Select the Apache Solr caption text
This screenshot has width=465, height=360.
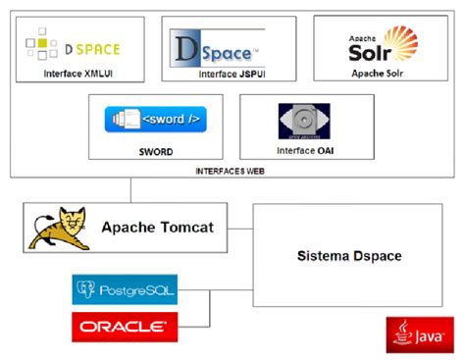coord(380,74)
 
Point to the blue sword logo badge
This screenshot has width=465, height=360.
coord(155,120)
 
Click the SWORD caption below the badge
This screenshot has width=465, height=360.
coord(156,152)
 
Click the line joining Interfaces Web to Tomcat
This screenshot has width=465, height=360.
coord(129,190)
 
